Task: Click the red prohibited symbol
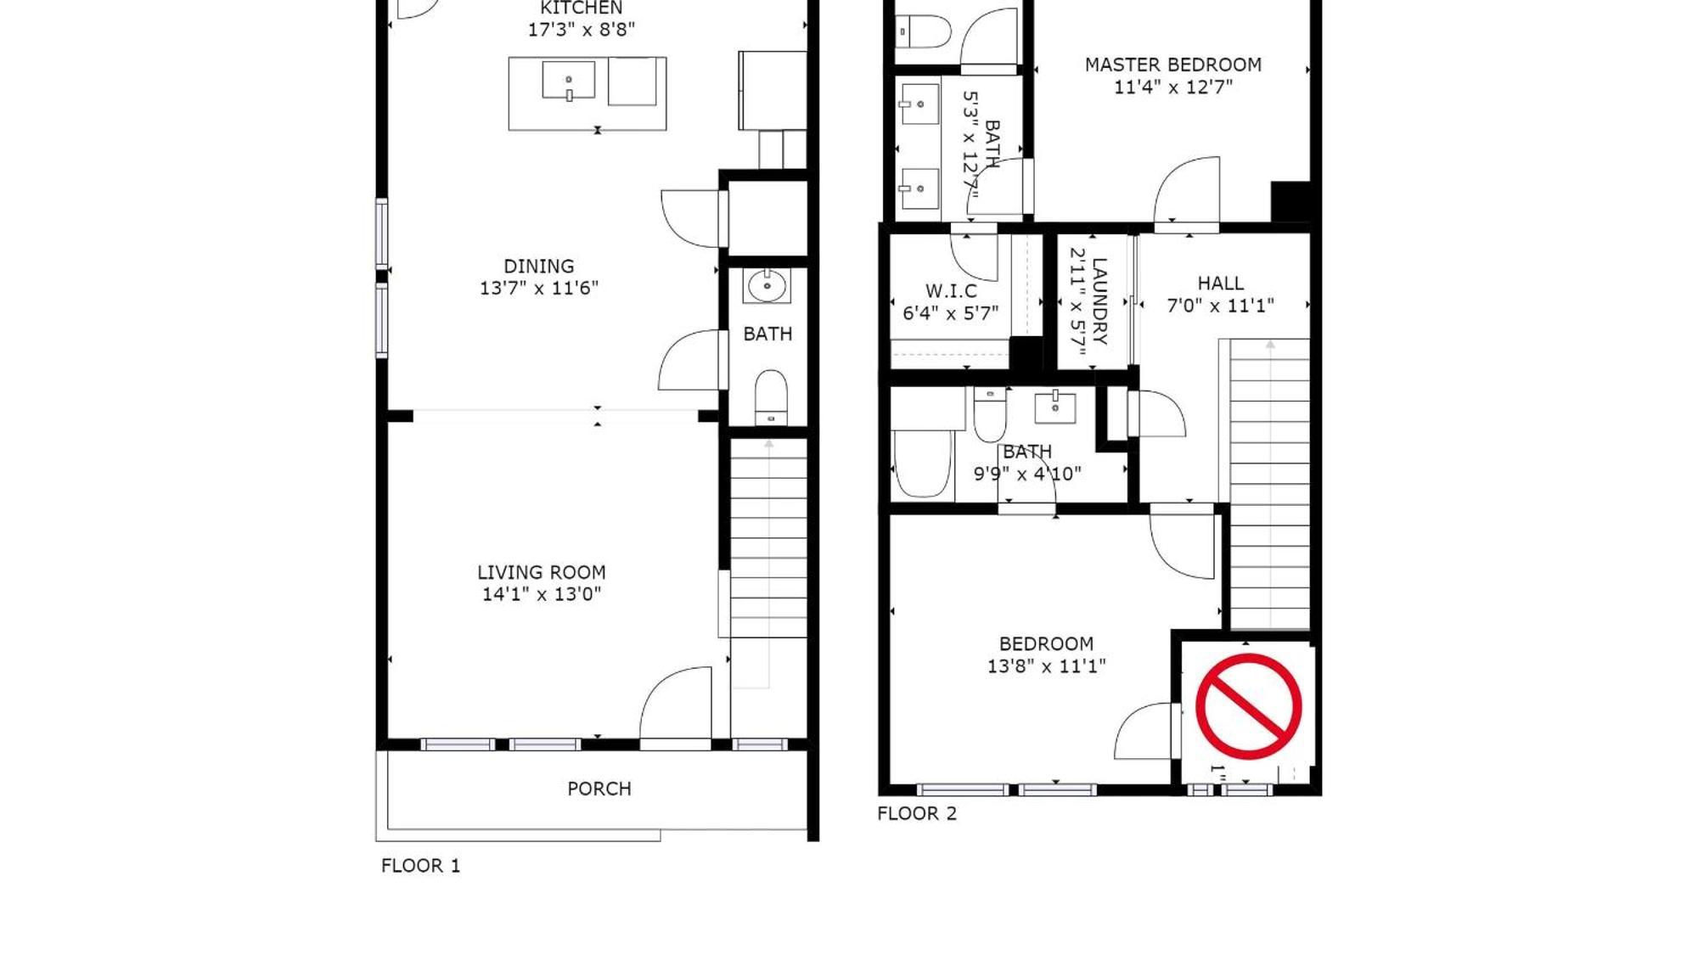pyautogui.click(x=1248, y=705)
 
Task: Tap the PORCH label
pyautogui.click(x=599, y=789)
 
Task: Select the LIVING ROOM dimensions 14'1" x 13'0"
pyautogui.click(x=541, y=594)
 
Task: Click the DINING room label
pyautogui.click(x=538, y=266)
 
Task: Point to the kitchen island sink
pyautogui.click(x=568, y=81)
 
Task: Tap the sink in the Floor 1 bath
pyautogui.click(x=767, y=285)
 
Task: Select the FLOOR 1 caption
pyautogui.click(x=420, y=865)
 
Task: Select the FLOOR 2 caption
pyautogui.click(x=916, y=813)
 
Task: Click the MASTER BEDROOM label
pyautogui.click(x=1172, y=65)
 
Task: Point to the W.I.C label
pyautogui.click(x=951, y=291)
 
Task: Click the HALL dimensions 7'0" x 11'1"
pyautogui.click(x=1220, y=306)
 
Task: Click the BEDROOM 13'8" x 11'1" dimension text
pyautogui.click(x=1045, y=666)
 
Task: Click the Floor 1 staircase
pyautogui.click(x=768, y=543)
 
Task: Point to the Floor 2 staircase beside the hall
pyautogui.click(x=1269, y=484)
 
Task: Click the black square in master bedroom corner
pyautogui.click(x=1290, y=202)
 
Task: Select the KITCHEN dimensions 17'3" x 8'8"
pyautogui.click(x=581, y=30)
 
